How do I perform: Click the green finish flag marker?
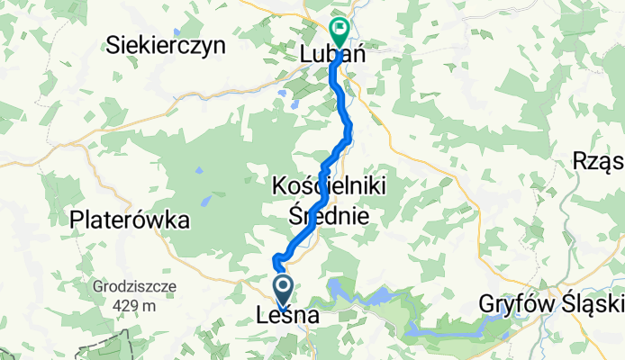[x=340, y=31]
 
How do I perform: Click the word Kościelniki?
[x=330, y=187]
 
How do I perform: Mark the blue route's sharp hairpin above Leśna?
[x=276, y=262]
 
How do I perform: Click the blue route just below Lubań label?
[x=335, y=76]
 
